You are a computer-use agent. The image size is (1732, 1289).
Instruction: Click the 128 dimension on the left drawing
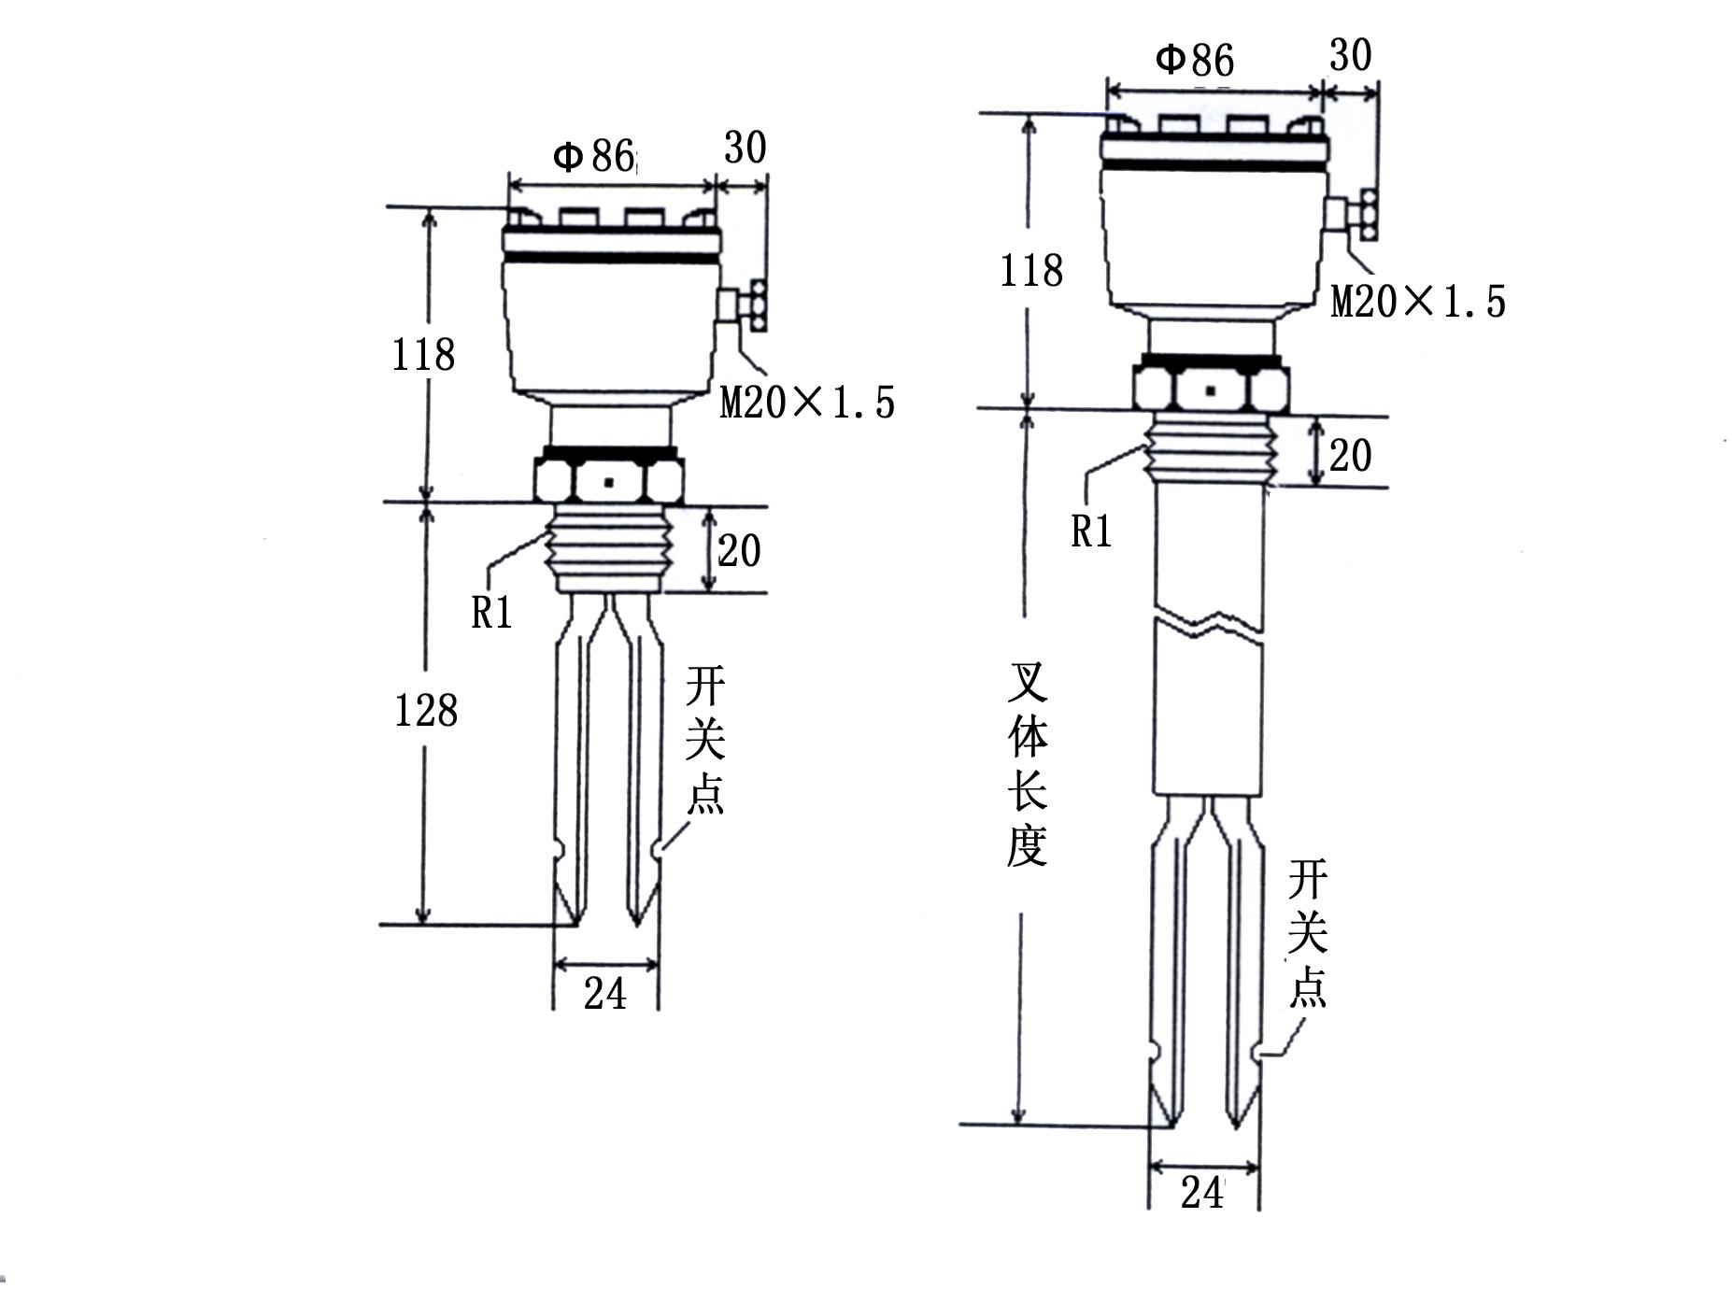426,711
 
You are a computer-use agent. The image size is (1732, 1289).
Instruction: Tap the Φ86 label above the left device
594,156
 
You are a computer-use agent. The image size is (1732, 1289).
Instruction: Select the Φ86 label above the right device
1195,60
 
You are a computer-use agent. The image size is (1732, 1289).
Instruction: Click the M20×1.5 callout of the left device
807,403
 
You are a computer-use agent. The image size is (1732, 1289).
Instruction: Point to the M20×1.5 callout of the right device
1418,302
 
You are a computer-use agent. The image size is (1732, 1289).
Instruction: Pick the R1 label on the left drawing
491,613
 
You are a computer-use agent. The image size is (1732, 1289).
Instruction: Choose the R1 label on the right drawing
1091,531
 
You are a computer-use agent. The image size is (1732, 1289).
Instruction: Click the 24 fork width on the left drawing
605,993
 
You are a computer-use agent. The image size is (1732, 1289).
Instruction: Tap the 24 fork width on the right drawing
1201,1193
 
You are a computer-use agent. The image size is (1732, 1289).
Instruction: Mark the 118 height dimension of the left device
423,355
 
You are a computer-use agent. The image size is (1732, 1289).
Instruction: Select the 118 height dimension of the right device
1031,271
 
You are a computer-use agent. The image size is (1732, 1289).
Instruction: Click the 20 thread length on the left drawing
739,551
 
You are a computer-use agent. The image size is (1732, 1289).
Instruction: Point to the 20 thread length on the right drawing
1350,456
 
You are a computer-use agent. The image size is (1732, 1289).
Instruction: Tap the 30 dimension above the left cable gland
745,148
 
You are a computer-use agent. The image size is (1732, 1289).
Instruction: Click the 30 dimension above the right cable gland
1350,56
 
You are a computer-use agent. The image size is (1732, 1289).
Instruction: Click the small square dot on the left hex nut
609,483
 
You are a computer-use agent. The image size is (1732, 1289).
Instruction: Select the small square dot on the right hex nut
1211,390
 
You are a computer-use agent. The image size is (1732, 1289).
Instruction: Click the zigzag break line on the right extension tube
1209,623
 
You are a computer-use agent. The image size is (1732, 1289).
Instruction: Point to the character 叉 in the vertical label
1027,683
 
